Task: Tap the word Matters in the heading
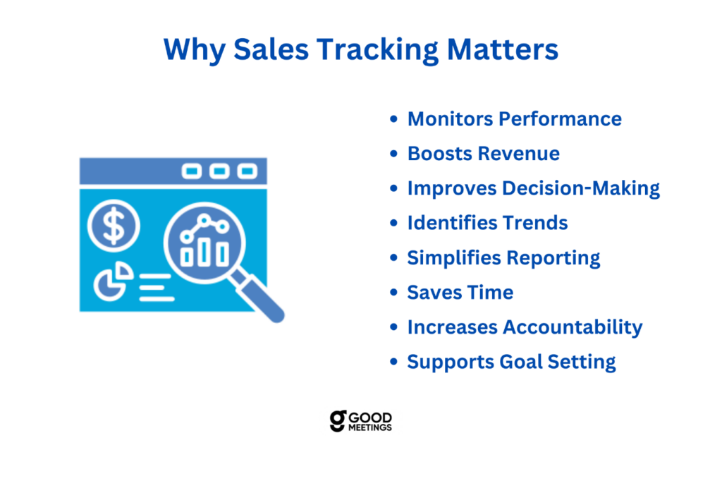tap(502, 49)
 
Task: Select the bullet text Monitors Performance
tap(514, 119)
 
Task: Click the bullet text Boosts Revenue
tap(484, 154)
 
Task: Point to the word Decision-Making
tap(581, 189)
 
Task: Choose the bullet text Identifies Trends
tap(487, 223)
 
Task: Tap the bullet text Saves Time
tap(460, 293)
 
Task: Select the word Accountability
tap(573, 328)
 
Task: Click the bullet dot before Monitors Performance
tap(393, 119)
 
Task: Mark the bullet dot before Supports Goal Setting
tap(393, 362)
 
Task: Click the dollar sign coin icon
tap(114, 226)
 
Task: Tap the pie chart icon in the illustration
tap(113, 281)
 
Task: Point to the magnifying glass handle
tap(257, 296)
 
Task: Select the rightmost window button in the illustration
tap(247, 171)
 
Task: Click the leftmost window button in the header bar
tap(192, 171)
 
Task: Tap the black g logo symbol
tap(338, 420)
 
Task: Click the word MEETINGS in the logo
tap(369, 427)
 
